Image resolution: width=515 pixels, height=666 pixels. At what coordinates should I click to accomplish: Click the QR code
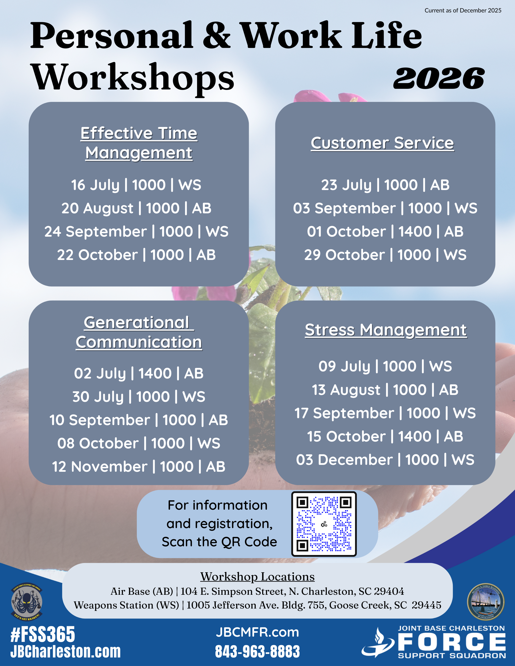[324, 524]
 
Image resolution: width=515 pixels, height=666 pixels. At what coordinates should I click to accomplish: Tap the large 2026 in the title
[439, 79]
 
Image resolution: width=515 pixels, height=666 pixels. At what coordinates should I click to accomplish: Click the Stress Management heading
[386, 330]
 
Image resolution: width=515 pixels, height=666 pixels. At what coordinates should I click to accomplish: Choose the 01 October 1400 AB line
[385, 232]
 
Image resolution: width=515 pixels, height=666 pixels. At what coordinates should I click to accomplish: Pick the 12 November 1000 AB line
[138, 467]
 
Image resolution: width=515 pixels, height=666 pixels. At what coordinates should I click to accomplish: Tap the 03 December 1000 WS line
[385, 460]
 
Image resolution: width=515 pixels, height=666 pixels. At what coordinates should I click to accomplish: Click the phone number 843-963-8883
[257, 651]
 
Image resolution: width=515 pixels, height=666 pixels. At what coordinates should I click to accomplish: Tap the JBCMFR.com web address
[257, 632]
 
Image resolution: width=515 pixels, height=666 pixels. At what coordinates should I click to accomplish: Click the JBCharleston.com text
[66, 651]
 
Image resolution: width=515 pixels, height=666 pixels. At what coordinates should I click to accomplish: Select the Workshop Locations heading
[257, 577]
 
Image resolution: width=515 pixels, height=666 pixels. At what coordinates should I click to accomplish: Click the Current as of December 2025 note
[463, 10]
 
